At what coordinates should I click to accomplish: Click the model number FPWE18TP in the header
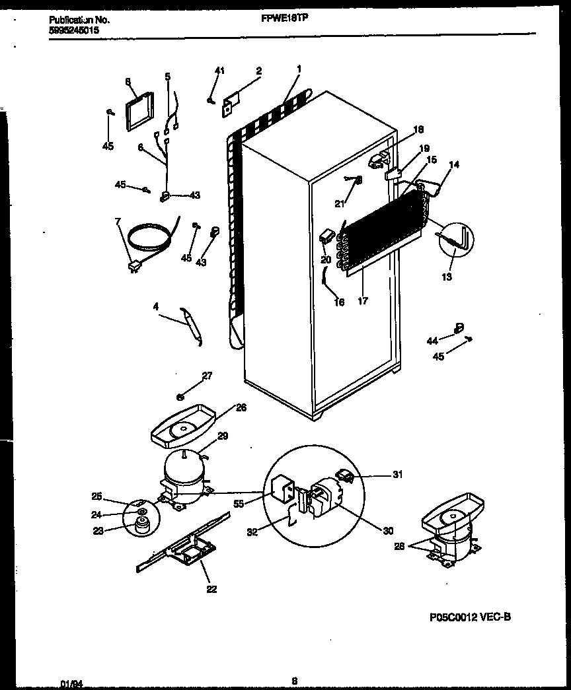[x=285, y=19]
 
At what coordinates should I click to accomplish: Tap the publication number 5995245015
[x=75, y=30]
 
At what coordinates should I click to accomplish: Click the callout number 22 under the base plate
[x=211, y=590]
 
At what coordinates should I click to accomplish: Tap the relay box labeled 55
[x=280, y=488]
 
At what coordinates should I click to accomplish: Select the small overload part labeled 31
[x=344, y=473]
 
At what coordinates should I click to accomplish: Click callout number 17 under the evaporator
[x=363, y=301]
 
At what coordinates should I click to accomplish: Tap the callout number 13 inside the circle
[x=447, y=277]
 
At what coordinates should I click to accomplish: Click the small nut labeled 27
[x=180, y=397]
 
